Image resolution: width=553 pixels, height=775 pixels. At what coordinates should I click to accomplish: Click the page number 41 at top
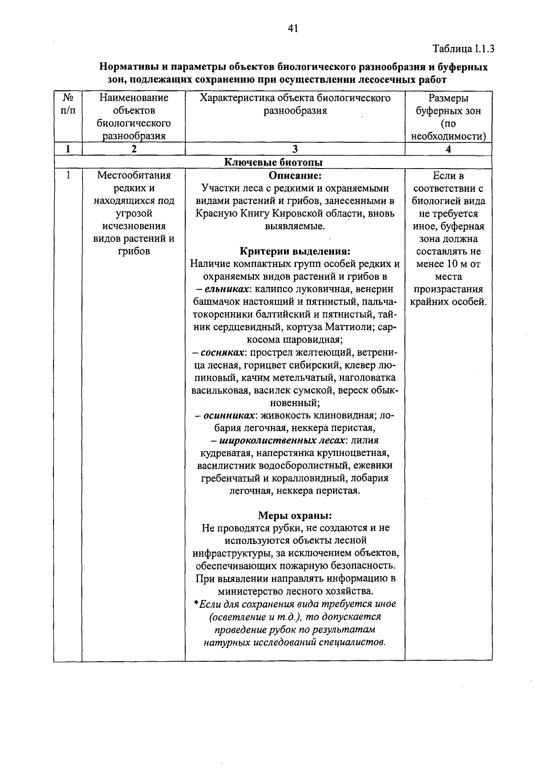(x=293, y=29)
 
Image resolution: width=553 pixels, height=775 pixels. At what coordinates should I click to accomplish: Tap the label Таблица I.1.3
(x=463, y=49)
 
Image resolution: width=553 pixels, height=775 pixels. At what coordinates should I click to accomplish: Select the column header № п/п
(x=68, y=104)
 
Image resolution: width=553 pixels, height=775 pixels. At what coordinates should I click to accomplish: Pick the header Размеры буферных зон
(x=448, y=104)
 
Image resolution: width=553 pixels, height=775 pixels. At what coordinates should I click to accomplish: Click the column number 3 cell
(x=295, y=149)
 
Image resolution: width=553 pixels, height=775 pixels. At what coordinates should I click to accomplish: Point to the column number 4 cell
(x=448, y=149)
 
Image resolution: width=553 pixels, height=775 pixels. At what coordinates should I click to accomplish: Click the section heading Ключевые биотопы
(x=273, y=162)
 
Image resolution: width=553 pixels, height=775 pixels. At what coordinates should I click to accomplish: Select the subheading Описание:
(x=295, y=175)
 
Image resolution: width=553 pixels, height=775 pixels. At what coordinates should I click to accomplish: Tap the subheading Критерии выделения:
(x=295, y=251)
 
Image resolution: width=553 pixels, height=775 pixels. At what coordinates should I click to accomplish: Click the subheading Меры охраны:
(x=295, y=515)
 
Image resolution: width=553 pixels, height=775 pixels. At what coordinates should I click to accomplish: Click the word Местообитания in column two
(x=134, y=175)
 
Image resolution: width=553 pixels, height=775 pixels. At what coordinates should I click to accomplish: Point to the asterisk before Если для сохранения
(x=196, y=603)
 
